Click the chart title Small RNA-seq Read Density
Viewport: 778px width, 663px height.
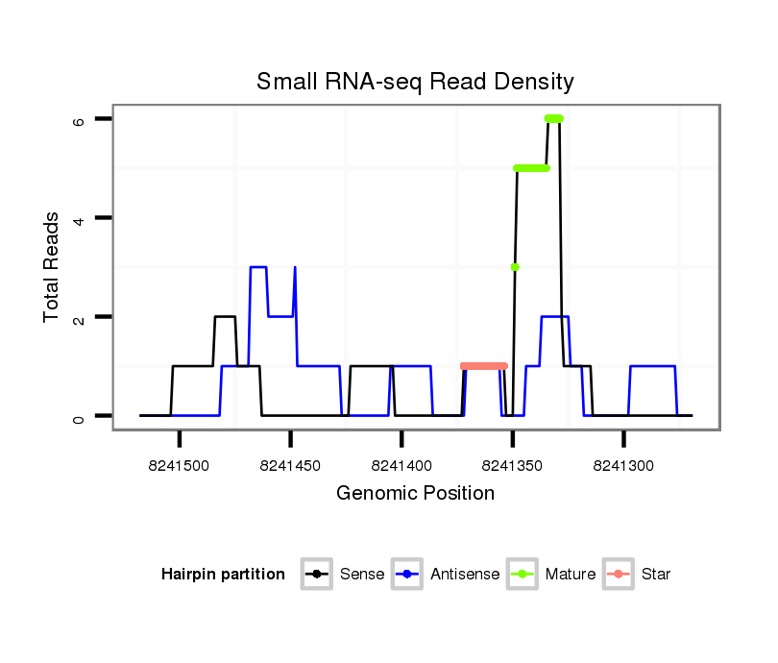pyautogui.click(x=415, y=82)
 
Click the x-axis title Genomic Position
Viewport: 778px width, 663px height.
pyautogui.click(x=415, y=494)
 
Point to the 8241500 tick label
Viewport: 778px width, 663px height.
pyautogui.click(x=180, y=465)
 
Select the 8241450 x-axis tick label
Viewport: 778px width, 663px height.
pyautogui.click(x=290, y=465)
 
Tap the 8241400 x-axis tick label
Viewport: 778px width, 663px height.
pyautogui.click(x=401, y=465)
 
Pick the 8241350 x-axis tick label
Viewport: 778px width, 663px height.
pyautogui.click(x=513, y=465)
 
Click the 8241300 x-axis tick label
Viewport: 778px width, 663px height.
pyautogui.click(x=623, y=465)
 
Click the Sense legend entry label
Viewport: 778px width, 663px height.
pyautogui.click(x=362, y=575)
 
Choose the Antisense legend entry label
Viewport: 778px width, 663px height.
pyautogui.click(x=465, y=575)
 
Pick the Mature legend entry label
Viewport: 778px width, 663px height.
pyautogui.click(x=571, y=575)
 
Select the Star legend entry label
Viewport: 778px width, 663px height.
pyautogui.click(x=656, y=575)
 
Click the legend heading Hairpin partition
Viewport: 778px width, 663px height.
pyautogui.click(x=223, y=575)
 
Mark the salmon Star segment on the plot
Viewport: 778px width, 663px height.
pyautogui.click(x=484, y=366)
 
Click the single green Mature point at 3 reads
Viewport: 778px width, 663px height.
pyautogui.click(x=515, y=267)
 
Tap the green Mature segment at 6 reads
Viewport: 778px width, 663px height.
pyautogui.click(x=553, y=119)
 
